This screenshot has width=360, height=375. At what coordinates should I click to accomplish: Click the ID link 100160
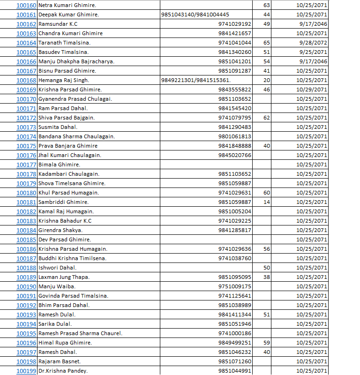pyautogui.click(x=26, y=5)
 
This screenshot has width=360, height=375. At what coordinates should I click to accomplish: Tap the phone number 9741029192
pyautogui.click(x=235, y=24)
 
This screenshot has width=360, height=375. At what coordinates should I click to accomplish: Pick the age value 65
pyautogui.click(x=267, y=43)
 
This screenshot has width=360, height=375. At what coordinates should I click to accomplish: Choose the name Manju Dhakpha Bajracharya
pyautogui.click(x=76, y=61)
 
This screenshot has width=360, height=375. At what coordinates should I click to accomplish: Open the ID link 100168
pyautogui.click(x=26, y=80)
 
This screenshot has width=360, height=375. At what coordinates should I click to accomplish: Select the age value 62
pyautogui.click(x=267, y=118)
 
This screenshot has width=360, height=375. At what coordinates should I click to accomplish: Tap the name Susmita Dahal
pyautogui.click(x=58, y=127)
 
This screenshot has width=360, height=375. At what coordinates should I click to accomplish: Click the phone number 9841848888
pyautogui.click(x=235, y=146)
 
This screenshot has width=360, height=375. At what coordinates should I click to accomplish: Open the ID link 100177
pyautogui.click(x=26, y=165)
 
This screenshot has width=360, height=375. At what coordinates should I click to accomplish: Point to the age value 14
pyautogui.click(x=267, y=202)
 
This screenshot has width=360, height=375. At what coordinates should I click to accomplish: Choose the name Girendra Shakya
pyautogui.click(x=60, y=230)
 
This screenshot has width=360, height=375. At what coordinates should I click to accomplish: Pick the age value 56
pyautogui.click(x=267, y=249)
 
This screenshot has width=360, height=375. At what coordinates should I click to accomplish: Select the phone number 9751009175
pyautogui.click(x=235, y=286)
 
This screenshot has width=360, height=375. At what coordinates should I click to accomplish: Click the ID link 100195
pyautogui.click(x=26, y=333)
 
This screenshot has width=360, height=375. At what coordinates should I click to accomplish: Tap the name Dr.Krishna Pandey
pyautogui.click(x=63, y=371)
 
